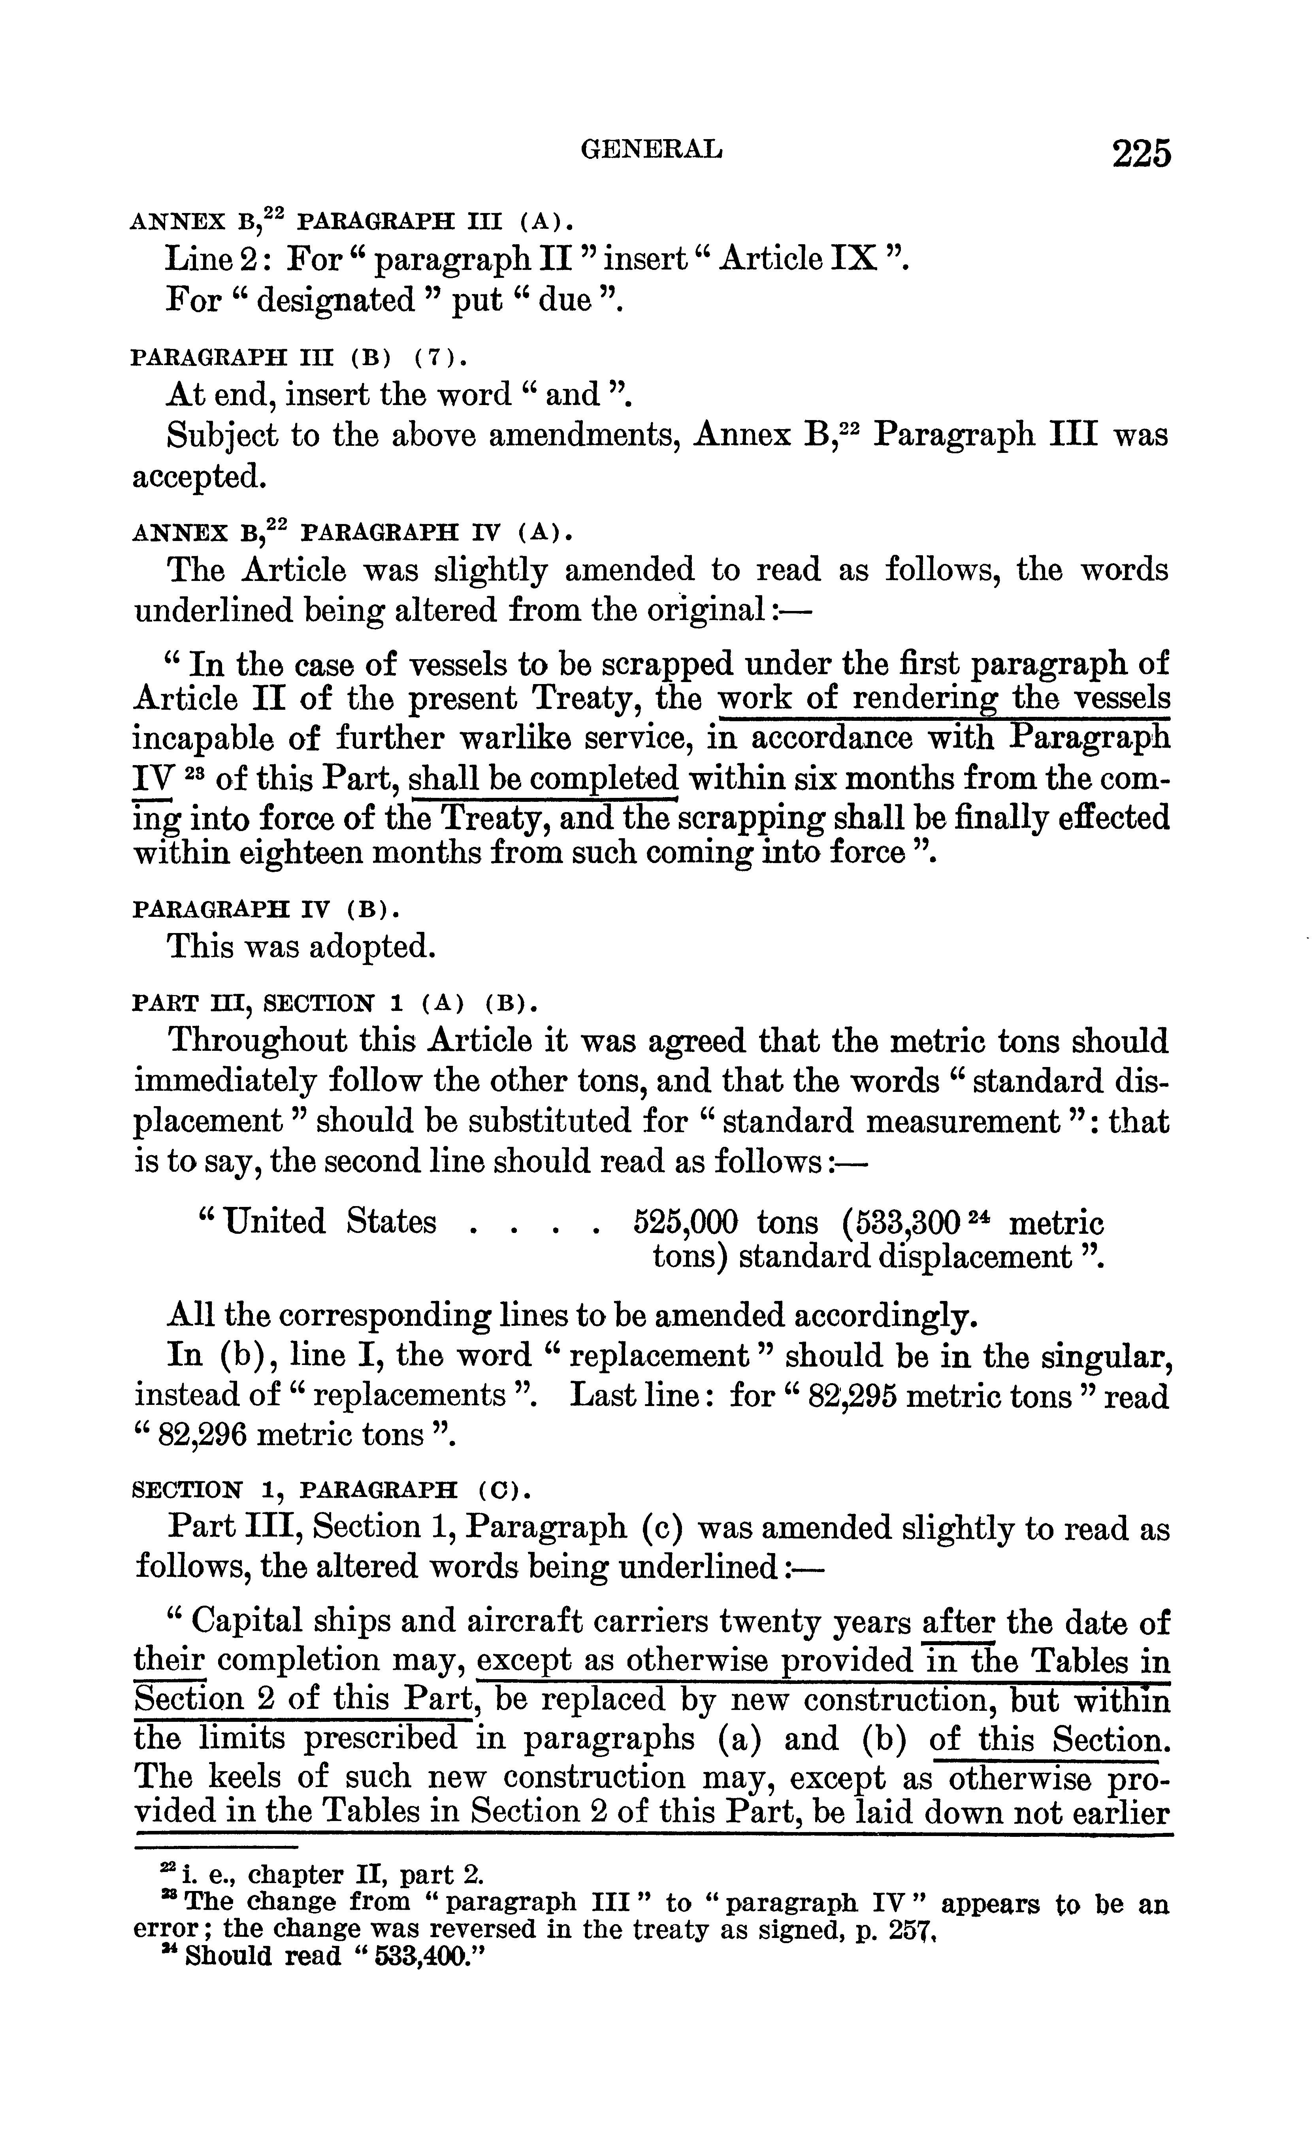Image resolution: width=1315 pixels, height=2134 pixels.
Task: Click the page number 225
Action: [1140, 154]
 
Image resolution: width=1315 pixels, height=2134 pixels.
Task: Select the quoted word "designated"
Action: [337, 301]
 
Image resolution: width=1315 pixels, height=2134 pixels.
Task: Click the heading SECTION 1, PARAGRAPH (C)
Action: [330, 1489]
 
